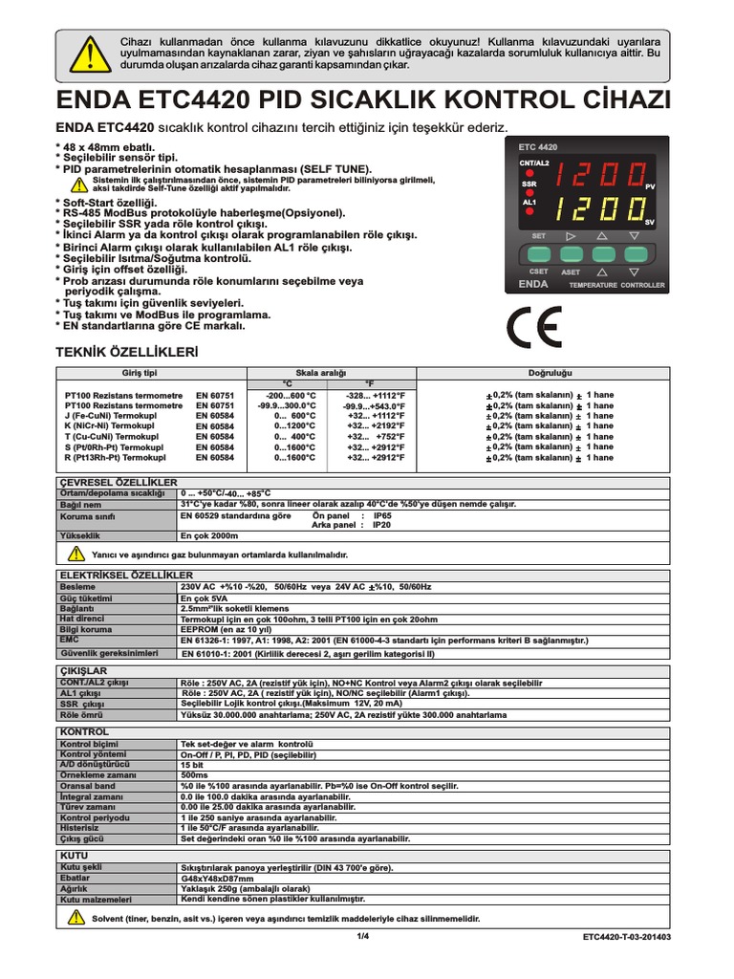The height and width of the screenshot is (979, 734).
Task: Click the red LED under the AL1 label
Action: coord(529,213)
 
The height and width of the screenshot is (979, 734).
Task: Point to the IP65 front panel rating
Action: coord(381,514)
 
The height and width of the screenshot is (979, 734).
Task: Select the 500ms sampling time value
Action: coord(195,775)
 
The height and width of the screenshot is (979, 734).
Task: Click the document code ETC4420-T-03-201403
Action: coord(626,938)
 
